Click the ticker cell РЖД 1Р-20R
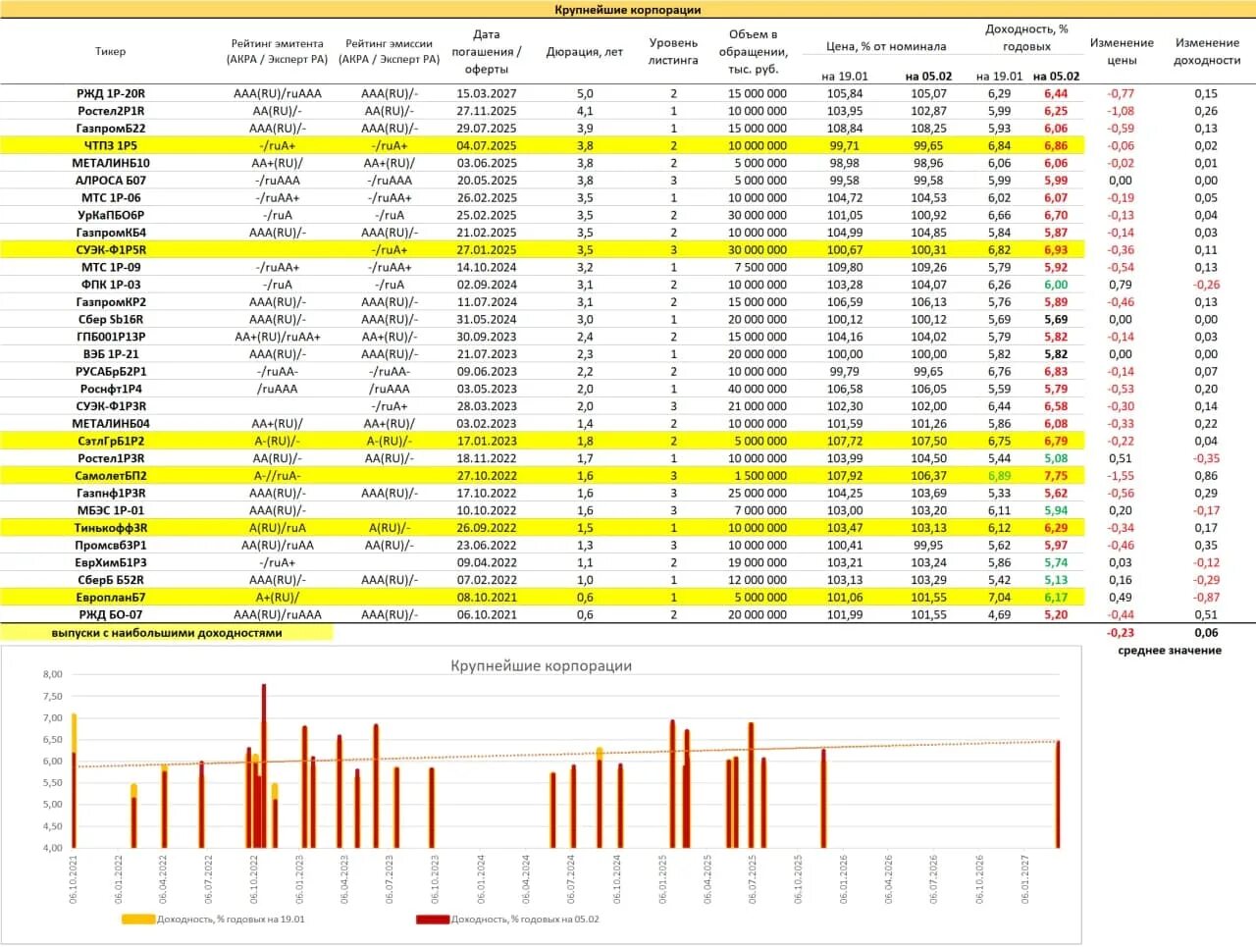click(x=111, y=94)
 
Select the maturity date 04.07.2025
click(x=487, y=146)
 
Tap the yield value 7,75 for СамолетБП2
click(x=1056, y=476)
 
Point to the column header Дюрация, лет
click(x=584, y=52)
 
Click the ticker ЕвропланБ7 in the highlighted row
click(x=111, y=598)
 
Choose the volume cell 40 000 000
click(x=757, y=389)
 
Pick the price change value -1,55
click(x=1120, y=476)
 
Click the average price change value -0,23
click(x=1120, y=633)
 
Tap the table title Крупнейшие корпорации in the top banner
click(x=628, y=10)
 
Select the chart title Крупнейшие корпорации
click(x=542, y=666)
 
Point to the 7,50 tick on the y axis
click(x=53, y=697)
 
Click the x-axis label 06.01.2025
click(x=662, y=879)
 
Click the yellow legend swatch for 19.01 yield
click(x=138, y=919)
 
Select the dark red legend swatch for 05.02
click(x=433, y=920)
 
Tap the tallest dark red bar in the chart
click(x=264, y=765)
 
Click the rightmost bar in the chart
click(x=1058, y=794)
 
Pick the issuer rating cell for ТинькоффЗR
click(x=278, y=528)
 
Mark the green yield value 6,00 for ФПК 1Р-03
click(x=1056, y=285)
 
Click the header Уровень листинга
click(x=673, y=51)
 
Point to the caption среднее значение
click(x=1170, y=651)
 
